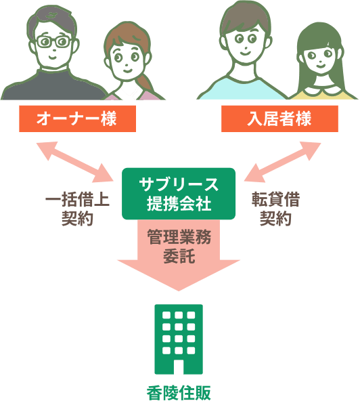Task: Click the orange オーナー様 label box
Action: click(x=77, y=119)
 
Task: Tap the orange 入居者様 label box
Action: click(x=279, y=119)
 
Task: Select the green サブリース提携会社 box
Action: click(x=179, y=194)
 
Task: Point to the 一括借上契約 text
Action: click(x=77, y=209)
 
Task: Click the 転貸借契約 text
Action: click(x=275, y=209)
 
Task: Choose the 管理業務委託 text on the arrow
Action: click(x=179, y=247)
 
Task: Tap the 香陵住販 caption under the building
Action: click(x=179, y=393)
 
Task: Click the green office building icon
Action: click(x=179, y=339)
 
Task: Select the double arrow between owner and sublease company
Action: click(x=75, y=162)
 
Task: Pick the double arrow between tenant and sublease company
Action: click(x=282, y=162)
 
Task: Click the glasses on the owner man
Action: click(x=54, y=42)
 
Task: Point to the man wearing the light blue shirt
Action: click(x=244, y=51)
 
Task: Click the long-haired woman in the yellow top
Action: click(x=322, y=62)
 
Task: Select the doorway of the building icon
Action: click(x=179, y=366)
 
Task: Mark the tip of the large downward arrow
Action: click(x=179, y=291)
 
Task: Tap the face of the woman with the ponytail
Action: click(x=126, y=62)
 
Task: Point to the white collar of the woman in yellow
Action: click(x=321, y=90)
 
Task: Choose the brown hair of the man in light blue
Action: click(x=245, y=17)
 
